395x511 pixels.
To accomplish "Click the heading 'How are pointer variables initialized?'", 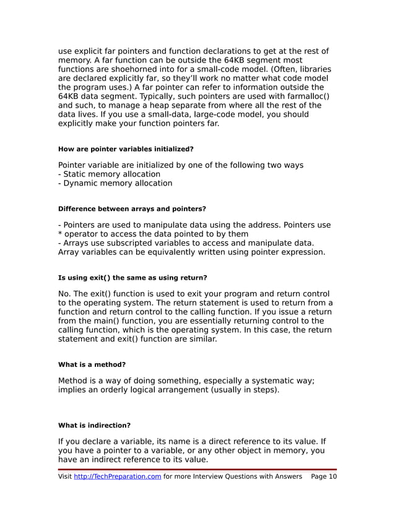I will coord(126,149).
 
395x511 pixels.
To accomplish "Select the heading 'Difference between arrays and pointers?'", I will coord(132,209).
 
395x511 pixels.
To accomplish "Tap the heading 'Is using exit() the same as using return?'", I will coord(132,278).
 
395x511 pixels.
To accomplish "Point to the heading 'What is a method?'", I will coord(92,364).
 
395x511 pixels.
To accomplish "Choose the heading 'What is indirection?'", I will coord(94,425).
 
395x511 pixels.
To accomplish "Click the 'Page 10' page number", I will coord(324,476).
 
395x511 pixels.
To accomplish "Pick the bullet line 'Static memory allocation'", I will coord(109,174).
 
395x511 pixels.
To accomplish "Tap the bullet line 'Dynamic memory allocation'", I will coord(115,183).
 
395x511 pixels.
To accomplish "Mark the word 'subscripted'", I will coord(137,243).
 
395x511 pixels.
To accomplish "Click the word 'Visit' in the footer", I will coord(65,476).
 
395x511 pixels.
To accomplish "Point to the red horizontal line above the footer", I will coord(197,470).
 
